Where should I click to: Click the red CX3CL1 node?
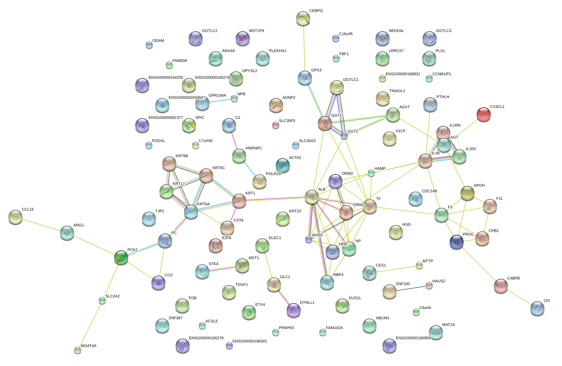[x=483, y=114]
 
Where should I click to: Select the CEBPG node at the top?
[x=303, y=18]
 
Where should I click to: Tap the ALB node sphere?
[x=312, y=197]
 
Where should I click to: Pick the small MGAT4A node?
[x=78, y=350]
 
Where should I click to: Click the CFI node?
[x=537, y=308]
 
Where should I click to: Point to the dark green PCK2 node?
[x=121, y=257]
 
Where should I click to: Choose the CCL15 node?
[x=15, y=217]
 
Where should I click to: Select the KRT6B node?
[x=169, y=163]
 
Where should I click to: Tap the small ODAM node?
[x=149, y=45]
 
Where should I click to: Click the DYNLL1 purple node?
[x=293, y=310]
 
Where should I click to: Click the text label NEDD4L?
[x=396, y=31]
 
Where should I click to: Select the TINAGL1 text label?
[x=397, y=91]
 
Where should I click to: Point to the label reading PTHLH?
[x=443, y=97]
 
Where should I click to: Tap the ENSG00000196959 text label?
[x=413, y=338]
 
